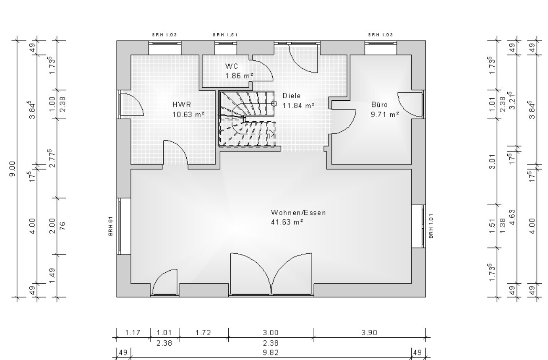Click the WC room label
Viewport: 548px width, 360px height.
pos(232,66)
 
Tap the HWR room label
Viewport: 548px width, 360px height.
pos(182,104)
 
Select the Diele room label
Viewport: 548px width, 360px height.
pos(291,96)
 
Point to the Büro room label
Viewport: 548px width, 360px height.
pos(379,104)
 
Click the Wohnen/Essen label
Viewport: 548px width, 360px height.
pos(298,213)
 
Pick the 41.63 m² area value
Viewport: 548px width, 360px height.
pos(287,222)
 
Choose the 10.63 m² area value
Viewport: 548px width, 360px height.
pos(188,114)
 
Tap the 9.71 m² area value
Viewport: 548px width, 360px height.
pos(385,114)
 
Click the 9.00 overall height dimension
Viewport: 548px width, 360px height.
pos(13,169)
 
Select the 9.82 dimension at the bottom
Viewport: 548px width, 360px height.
pos(271,353)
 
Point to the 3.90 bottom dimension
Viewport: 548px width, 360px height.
pos(369,333)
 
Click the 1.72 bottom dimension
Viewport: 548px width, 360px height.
pos(204,333)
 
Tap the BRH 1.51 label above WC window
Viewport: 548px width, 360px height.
pos(225,35)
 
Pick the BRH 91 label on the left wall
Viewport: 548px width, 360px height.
pos(111,226)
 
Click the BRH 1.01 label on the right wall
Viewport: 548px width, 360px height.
pos(431,226)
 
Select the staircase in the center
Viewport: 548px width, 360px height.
pos(247,119)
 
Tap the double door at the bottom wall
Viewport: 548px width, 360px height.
pos(271,274)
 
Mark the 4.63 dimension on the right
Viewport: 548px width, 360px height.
pos(512,217)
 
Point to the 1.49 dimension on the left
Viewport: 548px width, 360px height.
pos(52,276)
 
